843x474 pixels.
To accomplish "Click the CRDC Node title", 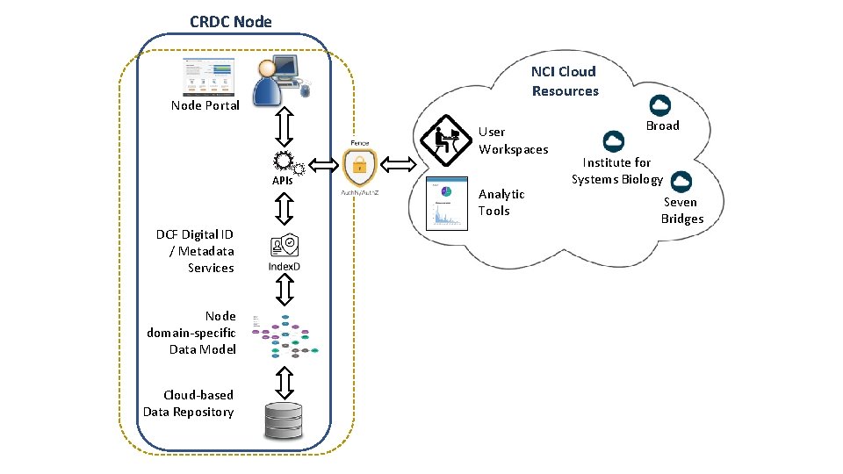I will click(231, 21).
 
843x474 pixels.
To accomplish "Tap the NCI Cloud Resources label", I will click(564, 81).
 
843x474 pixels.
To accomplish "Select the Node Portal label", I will click(205, 105).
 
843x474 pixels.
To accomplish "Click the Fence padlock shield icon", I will click(358, 166).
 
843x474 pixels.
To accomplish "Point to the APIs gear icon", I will click(285, 162).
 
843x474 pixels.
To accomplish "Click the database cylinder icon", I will click(283, 420).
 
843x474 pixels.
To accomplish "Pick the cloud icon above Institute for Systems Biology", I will click(614, 142).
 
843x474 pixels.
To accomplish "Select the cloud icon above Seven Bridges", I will click(681, 182).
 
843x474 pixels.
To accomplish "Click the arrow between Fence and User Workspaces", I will click(399, 163).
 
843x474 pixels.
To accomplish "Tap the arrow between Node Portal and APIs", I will click(284, 127).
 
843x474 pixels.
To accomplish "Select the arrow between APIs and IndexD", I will click(284, 209).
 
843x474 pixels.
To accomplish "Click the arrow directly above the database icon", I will click(284, 382).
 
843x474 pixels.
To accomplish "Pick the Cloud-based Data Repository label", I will click(189, 403).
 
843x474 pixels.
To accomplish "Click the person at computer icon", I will click(279, 83).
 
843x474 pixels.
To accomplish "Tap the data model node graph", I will click(285, 335).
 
